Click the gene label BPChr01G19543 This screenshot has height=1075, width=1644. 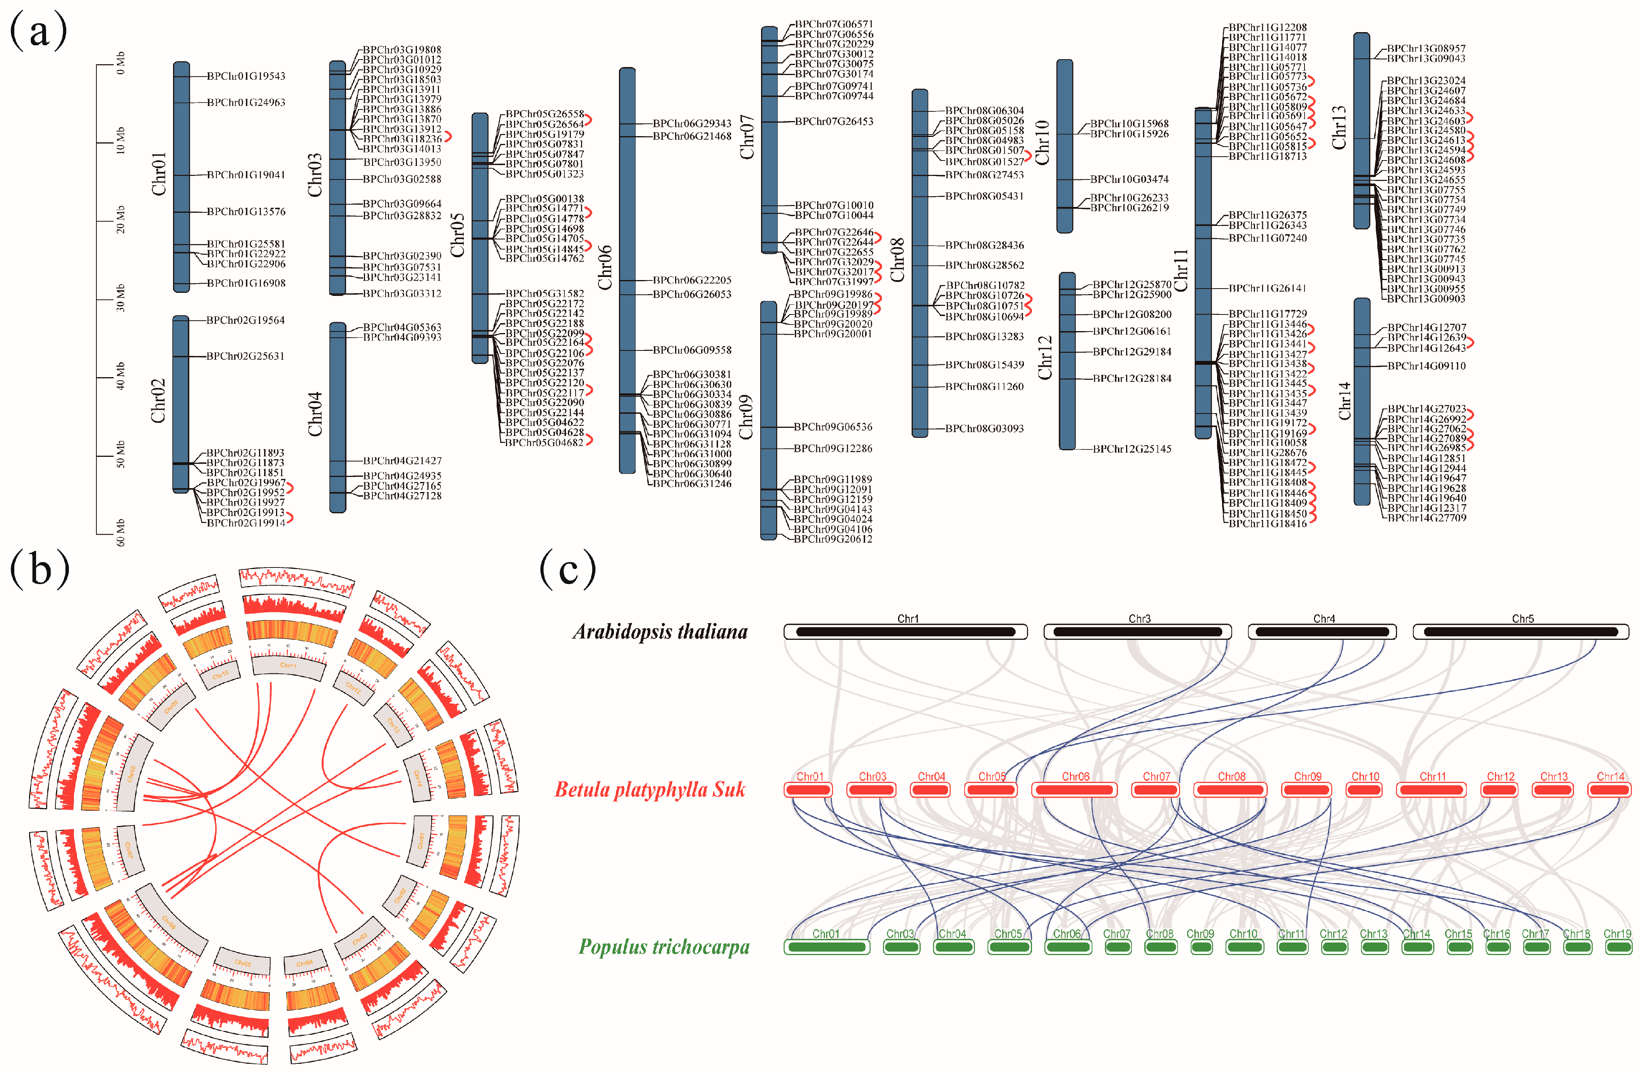click(246, 76)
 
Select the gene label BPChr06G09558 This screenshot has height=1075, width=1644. click(692, 350)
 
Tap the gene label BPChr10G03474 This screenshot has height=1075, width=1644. click(1130, 179)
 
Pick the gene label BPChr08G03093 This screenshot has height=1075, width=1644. click(984, 429)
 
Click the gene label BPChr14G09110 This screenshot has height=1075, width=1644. click(1426, 366)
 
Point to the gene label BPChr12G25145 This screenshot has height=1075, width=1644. click(1132, 449)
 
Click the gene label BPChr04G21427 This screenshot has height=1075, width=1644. click(402, 460)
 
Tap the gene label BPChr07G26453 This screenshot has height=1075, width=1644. click(834, 121)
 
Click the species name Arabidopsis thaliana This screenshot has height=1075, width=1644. click(660, 632)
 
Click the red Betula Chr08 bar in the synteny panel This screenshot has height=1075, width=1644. click(1231, 789)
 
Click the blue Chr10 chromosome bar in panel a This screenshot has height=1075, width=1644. click(1065, 146)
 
